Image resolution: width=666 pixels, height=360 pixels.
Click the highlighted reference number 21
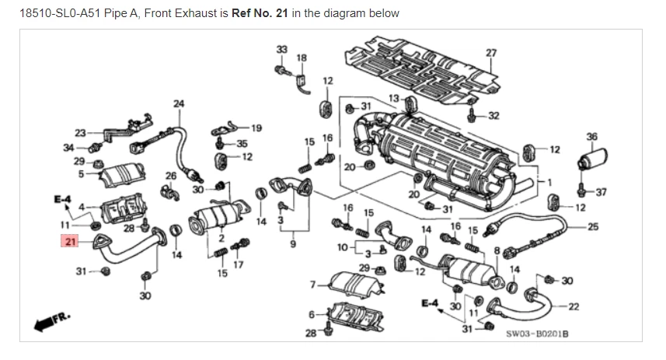(x=70, y=242)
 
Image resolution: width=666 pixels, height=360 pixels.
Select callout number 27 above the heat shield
(x=490, y=53)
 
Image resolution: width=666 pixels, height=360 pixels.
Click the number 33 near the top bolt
(x=281, y=49)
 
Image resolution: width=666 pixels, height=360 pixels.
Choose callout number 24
(x=179, y=103)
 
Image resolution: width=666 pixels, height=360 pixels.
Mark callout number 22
(x=574, y=306)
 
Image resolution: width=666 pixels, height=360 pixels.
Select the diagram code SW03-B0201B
(x=537, y=334)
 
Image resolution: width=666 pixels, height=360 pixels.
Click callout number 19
(x=256, y=128)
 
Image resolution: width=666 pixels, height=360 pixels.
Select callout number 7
(x=312, y=284)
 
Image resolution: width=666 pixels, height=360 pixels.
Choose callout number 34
(x=68, y=146)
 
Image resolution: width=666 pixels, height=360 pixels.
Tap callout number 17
(x=239, y=264)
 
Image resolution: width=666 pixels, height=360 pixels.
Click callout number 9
(x=293, y=244)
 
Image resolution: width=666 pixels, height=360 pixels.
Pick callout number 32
(x=494, y=116)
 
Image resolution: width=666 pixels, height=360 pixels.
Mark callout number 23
(x=80, y=132)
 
